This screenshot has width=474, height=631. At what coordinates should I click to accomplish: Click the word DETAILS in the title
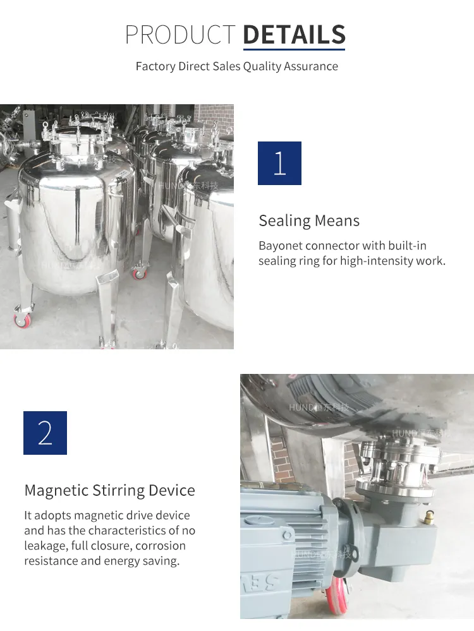[294, 34]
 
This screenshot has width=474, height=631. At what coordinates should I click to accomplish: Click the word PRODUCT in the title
[180, 34]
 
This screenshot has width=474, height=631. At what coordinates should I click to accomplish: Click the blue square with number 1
[279, 163]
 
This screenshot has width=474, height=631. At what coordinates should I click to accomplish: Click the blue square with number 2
[45, 433]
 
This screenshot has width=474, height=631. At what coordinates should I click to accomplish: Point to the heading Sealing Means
[309, 220]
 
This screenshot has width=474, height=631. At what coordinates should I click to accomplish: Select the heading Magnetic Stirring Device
[109, 490]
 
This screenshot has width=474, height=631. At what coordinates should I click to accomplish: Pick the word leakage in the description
[46, 546]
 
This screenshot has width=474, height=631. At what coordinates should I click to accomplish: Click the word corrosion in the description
[161, 546]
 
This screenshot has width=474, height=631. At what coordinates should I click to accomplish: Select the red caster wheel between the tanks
[138, 273]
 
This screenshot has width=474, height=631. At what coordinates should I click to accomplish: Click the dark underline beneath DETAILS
[294, 49]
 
